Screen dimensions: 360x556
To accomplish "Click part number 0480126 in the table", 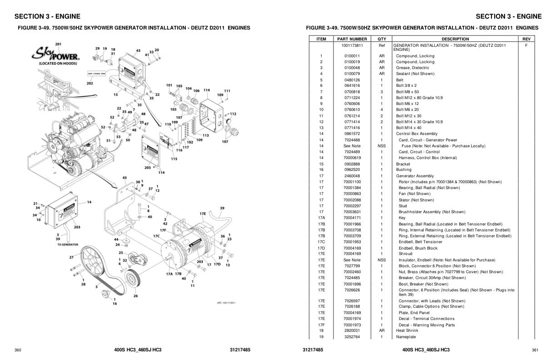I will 352,80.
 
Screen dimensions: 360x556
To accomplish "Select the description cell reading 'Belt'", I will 399,80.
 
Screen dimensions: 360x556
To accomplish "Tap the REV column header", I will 526,39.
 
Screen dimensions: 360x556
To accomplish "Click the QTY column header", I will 382,39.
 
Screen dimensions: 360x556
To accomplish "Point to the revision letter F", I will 526,45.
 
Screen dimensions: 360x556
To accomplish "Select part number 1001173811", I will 352,45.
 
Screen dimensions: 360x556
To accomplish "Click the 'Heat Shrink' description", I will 407,330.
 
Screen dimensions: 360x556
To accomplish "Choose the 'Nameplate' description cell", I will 406,337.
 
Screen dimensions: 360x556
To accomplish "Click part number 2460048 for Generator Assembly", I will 352,176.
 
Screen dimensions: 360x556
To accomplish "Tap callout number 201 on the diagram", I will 58,44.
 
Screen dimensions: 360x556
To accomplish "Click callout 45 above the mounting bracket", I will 124,178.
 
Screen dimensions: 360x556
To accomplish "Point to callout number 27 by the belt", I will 71,257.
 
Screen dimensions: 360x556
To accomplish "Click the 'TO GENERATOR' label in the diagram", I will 68,245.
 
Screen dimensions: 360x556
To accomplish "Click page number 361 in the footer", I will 535,350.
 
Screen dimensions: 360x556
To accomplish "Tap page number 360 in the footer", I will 18,350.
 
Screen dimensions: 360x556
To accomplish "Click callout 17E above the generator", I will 203,213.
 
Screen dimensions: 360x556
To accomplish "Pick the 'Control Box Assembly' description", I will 417,134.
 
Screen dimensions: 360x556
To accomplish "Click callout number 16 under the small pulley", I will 114,303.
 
